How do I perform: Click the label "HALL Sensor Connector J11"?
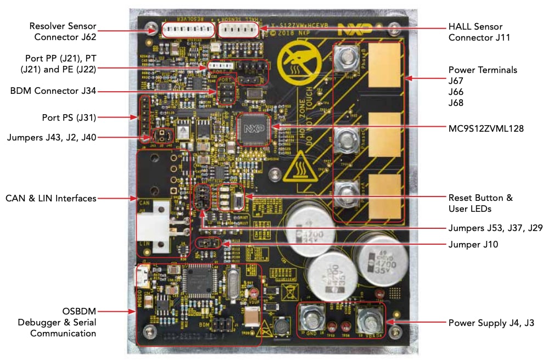point(475,32)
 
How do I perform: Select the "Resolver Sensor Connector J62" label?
point(63,32)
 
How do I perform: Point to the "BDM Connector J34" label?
point(53,90)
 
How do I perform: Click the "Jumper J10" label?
point(473,245)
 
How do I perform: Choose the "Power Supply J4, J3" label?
point(491,323)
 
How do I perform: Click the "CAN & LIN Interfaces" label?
point(51,198)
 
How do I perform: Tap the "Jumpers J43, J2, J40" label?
point(52,137)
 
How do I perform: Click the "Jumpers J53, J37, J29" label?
point(496,228)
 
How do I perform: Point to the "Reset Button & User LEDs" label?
point(480,203)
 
